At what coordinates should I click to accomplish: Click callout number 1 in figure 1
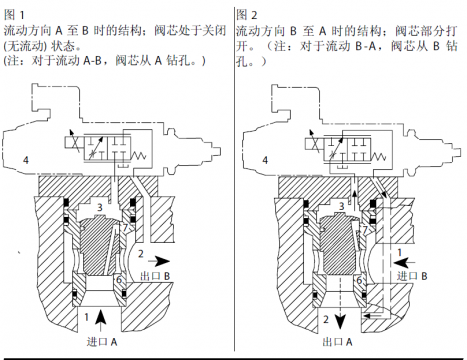88,318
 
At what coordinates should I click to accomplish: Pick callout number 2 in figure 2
325,320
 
